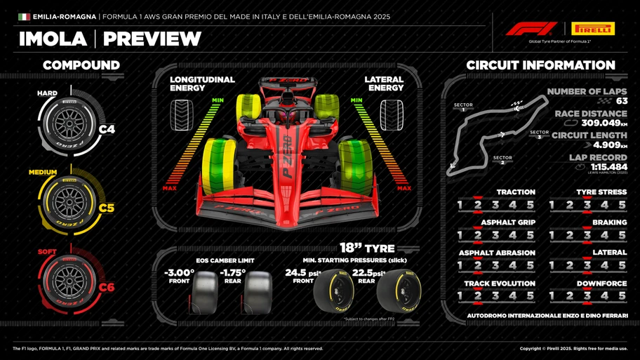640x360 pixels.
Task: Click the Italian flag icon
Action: click(24, 16)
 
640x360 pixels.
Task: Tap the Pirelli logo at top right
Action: click(593, 29)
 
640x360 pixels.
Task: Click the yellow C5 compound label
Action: click(107, 208)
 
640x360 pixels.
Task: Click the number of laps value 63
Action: click(622, 101)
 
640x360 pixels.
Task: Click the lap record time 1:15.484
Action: click(608, 166)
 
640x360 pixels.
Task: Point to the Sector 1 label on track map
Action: click(463, 107)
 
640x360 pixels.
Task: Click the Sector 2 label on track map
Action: click(502, 160)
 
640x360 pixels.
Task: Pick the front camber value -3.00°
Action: click(179, 272)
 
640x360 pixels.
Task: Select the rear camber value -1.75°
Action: click(232, 272)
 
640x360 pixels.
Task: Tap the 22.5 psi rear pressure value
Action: click(366, 272)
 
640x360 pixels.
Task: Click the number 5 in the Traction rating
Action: click(530, 205)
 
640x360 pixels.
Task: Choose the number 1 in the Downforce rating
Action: click(552, 296)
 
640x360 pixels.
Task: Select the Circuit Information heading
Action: click(540, 65)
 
